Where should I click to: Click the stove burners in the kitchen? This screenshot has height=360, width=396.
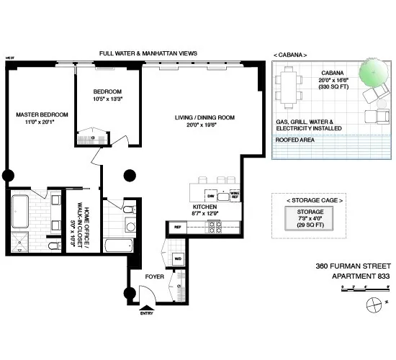(214, 228)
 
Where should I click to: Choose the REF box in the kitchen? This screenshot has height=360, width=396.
(177, 228)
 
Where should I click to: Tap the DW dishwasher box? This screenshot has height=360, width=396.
(211, 195)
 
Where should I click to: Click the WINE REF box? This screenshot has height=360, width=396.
(234, 195)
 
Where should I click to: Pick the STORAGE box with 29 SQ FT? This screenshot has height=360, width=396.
(306, 217)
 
